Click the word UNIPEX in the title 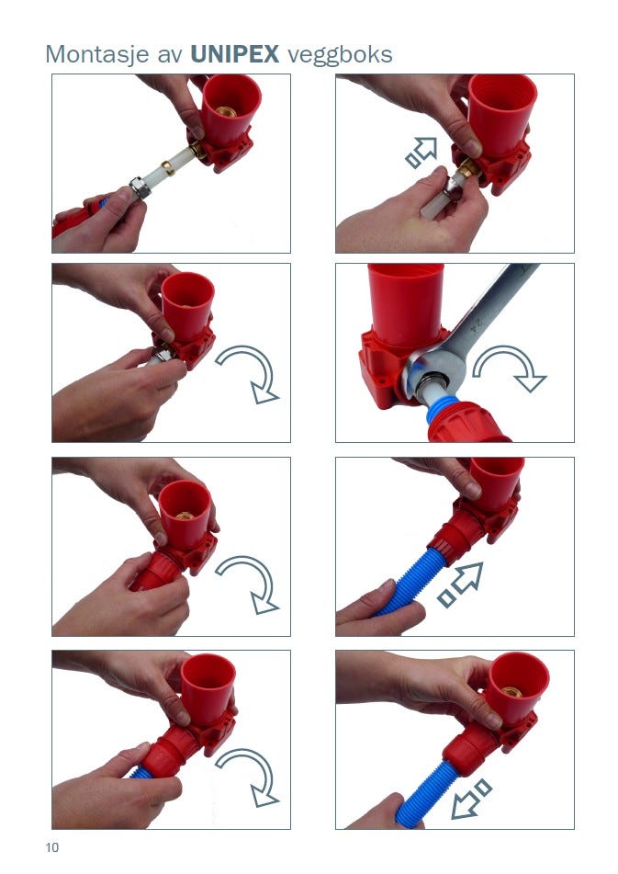(234, 54)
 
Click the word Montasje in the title (97, 55)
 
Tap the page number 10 (51, 847)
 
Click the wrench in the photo (473, 329)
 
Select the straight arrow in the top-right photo (421, 153)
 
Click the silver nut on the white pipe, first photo (140, 187)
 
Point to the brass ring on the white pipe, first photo (167, 167)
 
